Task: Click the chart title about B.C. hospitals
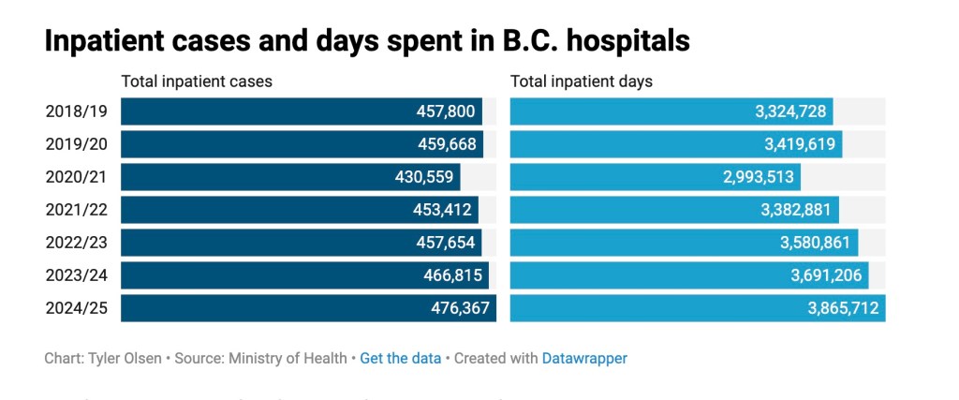click(x=367, y=40)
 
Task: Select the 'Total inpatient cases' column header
click(x=197, y=81)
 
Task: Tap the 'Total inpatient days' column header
click(x=581, y=81)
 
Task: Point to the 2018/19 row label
click(x=77, y=111)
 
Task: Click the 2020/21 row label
click(x=77, y=177)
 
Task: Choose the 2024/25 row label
click(x=77, y=307)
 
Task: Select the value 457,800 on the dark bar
click(x=446, y=111)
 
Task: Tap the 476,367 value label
click(x=460, y=307)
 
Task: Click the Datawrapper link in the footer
click(x=584, y=358)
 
